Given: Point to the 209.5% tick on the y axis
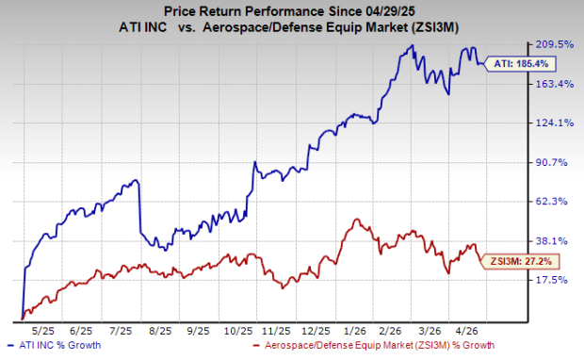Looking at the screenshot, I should coord(555,44).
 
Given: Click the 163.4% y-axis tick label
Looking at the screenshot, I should coord(555,84).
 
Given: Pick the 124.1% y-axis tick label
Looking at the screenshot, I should coord(555,123).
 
